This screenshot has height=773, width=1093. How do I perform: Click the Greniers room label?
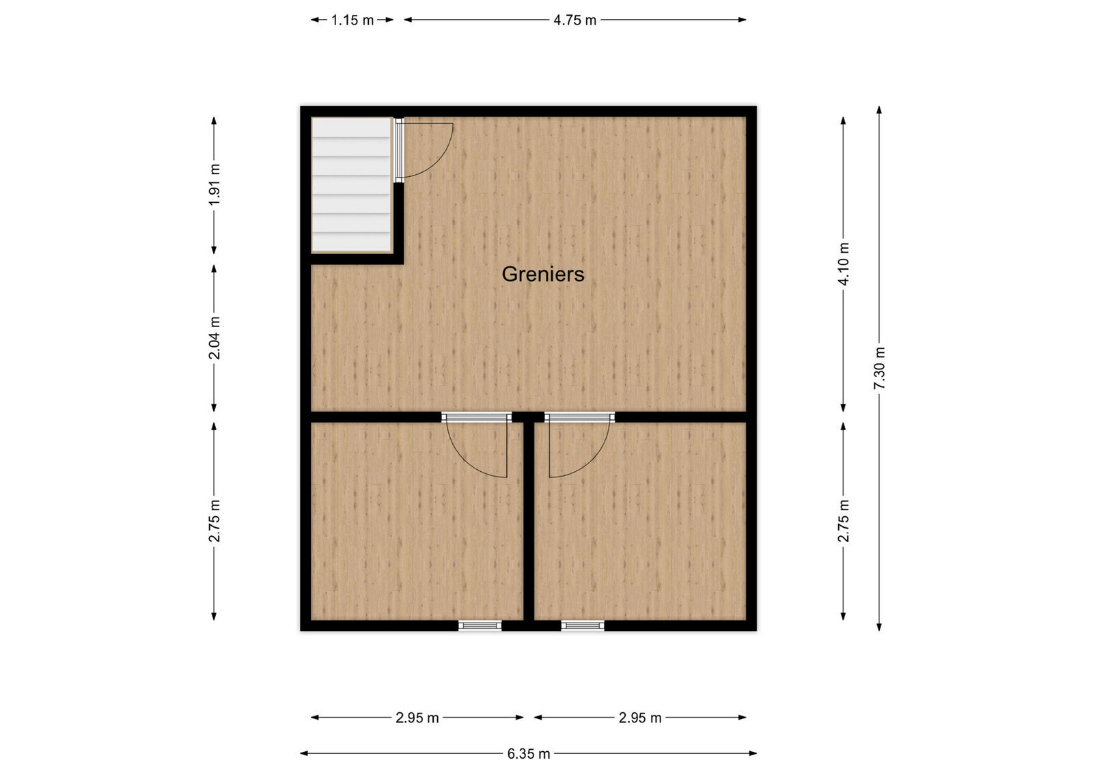coord(543,274)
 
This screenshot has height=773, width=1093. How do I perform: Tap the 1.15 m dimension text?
coord(352,20)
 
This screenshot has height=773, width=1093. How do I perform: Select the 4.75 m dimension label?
coord(575,20)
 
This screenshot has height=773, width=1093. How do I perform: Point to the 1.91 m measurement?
coord(214,184)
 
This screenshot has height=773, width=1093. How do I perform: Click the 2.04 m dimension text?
coord(214,337)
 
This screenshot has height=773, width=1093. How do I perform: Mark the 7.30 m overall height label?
coord(879,368)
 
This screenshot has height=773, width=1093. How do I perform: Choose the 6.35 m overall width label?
coord(528,753)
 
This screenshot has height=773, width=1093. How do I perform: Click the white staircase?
coord(351,184)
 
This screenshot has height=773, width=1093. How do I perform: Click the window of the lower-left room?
coord(480,625)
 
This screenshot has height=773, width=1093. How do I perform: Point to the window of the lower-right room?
coord(583,625)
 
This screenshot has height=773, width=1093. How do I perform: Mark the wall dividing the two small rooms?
coord(529,519)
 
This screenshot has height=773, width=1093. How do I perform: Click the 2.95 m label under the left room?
coord(417,718)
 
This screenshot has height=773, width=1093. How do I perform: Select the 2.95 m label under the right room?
coord(640,718)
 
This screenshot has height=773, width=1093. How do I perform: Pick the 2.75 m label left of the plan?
coord(214,520)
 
